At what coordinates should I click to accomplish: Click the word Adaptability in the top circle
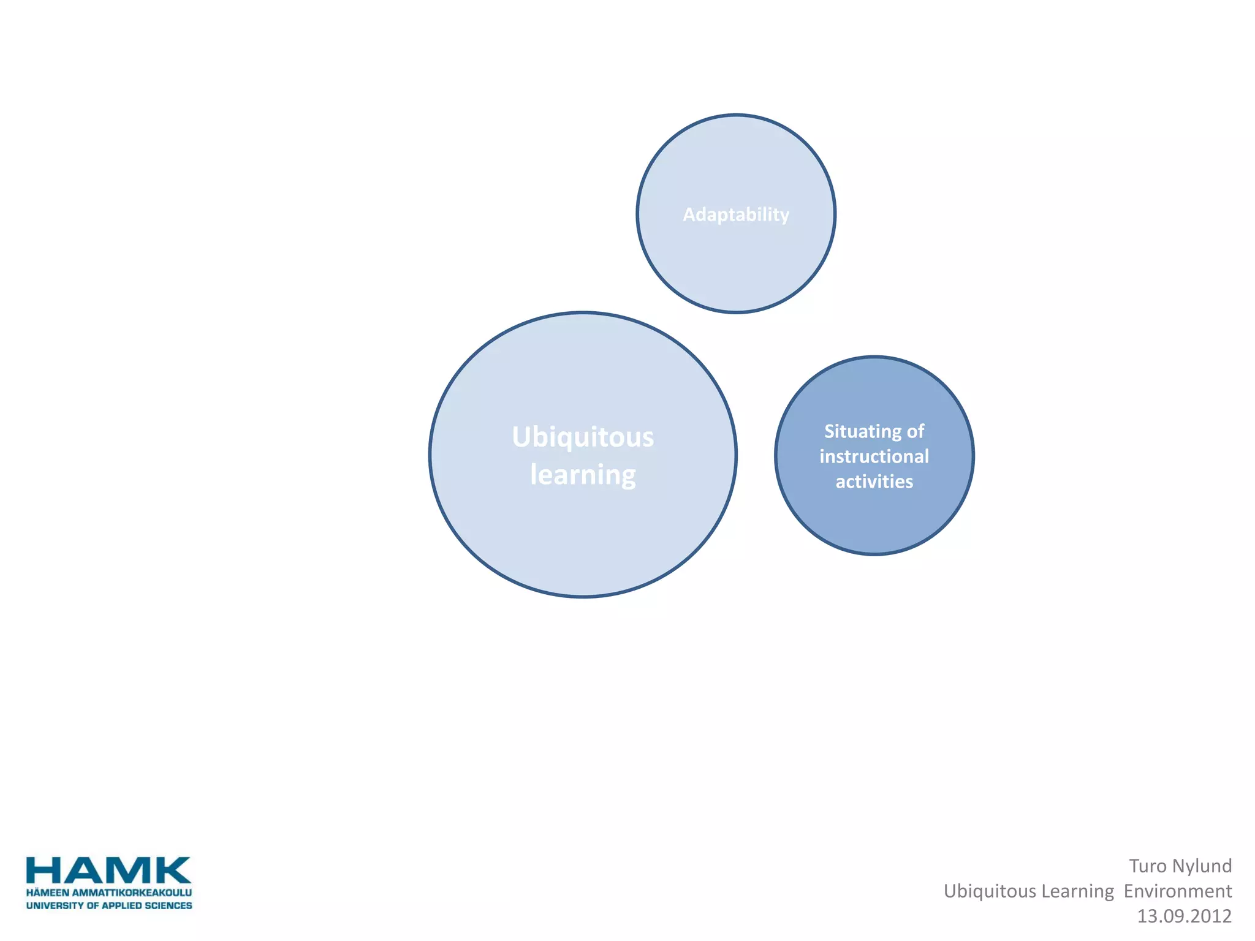pyautogui.click(x=736, y=214)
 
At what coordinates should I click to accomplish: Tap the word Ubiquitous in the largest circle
pyautogui.click(x=583, y=437)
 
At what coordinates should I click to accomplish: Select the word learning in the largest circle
pyautogui.click(x=583, y=475)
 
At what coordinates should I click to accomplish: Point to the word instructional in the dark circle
pyautogui.click(x=874, y=456)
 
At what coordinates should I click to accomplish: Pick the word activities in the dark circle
pyautogui.click(x=874, y=482)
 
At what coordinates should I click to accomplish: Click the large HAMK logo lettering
pyautogui.click(x=108, y=871)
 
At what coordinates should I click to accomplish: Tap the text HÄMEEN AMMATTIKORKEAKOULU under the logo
pyautogui.click(x=108, y=893)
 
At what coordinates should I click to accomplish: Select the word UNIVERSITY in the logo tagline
pyautogui.click(x=54, y=905)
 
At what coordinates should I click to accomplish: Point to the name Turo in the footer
pyautogui.click(x=1147, y=866)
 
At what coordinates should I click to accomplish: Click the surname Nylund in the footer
pyautogui.click(x=1201, y=866)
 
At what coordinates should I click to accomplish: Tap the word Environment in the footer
pyautogui.click(x=1177, y=891)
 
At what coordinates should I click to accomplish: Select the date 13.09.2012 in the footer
pyautogui.click(x=1184, y=916)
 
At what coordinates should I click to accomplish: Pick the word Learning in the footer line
pyautogui.click(x=1074, y=891)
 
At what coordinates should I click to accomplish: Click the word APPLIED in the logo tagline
pyautogui.click(x=119, y=905)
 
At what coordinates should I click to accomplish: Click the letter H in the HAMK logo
pyautogui.click(x=43, y=871)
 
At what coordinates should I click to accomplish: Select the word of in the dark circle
pyautogui.click(x=916, y=431)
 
